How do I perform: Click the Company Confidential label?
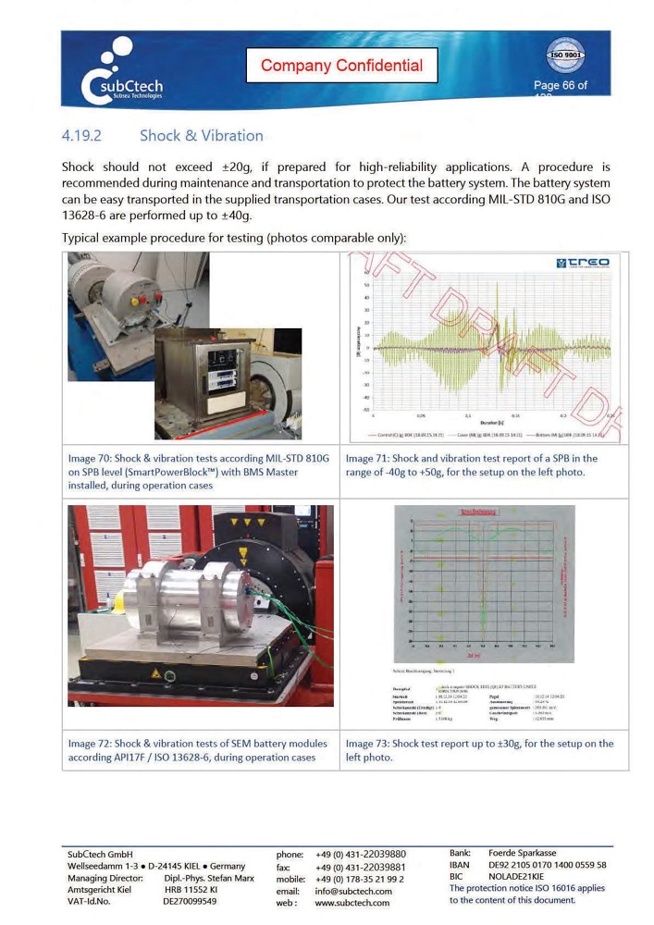point(341,66)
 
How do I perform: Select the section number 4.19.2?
point(81,136)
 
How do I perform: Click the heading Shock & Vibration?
point(201,136)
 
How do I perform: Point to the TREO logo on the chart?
point(583,264)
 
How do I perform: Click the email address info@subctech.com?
point(353,891)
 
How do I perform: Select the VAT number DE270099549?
point(190,901)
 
